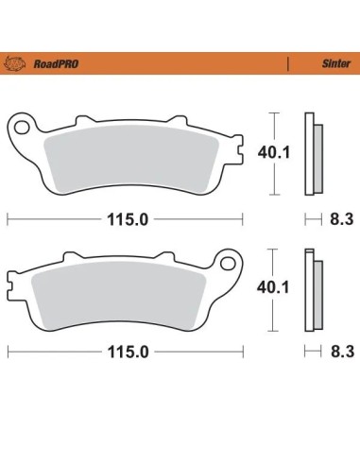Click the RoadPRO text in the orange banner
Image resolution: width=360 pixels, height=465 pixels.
[x=56, y=64]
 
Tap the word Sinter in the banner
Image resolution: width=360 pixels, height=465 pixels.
[x=336, y=63]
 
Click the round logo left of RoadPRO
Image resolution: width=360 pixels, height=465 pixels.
[x=14, y=63]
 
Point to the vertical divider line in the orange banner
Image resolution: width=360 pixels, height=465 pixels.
[x=288, y=63]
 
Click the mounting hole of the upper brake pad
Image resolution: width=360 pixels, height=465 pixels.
[x=21, y=129]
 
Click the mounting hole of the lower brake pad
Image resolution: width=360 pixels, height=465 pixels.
[x=228, y=264]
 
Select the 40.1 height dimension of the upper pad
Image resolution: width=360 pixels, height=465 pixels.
[x=274, y=153]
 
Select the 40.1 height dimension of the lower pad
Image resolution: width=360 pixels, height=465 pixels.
[x=273, y=287]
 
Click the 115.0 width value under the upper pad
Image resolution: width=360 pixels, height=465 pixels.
[x=128, y=219]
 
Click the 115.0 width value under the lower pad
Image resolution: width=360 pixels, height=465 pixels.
[x=128, y=352]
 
